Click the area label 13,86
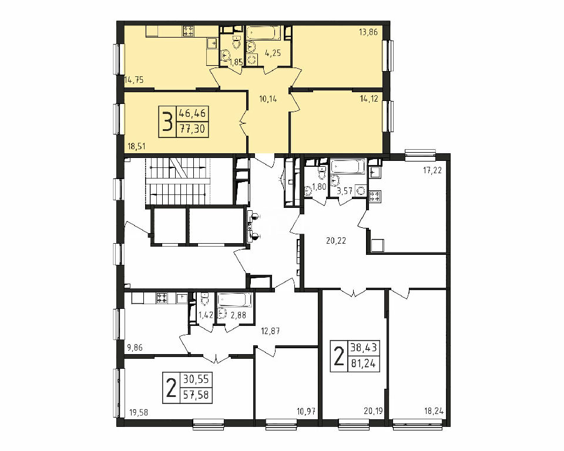368,32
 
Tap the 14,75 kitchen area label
134,80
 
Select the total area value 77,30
192,129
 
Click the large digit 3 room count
167,122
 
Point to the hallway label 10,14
268,99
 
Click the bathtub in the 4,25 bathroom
263,33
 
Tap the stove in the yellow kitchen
189,31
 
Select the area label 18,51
137,146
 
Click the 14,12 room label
369,99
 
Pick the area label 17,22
432,170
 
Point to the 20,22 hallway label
336,241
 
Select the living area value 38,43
362,348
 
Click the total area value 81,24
362,364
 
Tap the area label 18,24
434,412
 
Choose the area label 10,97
305,410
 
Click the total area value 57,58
196,395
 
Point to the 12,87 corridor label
270,331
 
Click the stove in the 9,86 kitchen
162,298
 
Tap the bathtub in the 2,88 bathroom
234,299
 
